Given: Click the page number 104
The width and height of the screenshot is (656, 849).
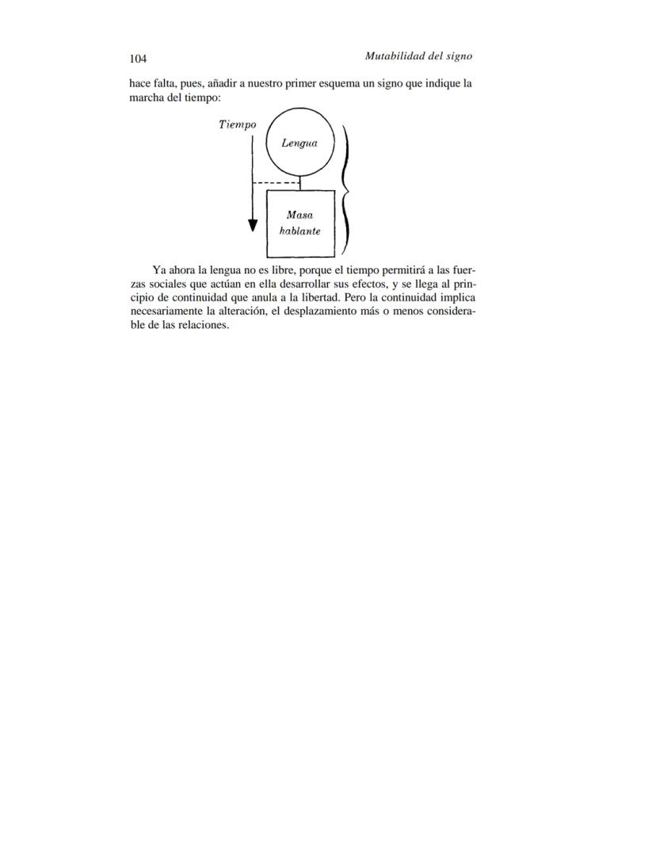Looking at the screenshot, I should (x=138, y=59).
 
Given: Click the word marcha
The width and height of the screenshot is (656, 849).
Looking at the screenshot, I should (x=146, y=98).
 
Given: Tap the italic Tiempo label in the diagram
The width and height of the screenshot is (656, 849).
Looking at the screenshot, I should (x=237, y=124).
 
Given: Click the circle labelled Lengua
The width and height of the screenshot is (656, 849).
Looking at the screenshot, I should (x=299, y=143).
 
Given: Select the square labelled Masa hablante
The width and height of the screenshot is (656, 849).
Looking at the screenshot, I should (x=299, y=224).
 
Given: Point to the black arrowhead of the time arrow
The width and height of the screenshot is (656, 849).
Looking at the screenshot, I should (x=253, y=225).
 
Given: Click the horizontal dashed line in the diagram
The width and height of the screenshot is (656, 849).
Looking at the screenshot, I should (x=275, y=183).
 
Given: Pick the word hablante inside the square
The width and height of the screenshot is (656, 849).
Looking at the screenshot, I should (x=299, y=231).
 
